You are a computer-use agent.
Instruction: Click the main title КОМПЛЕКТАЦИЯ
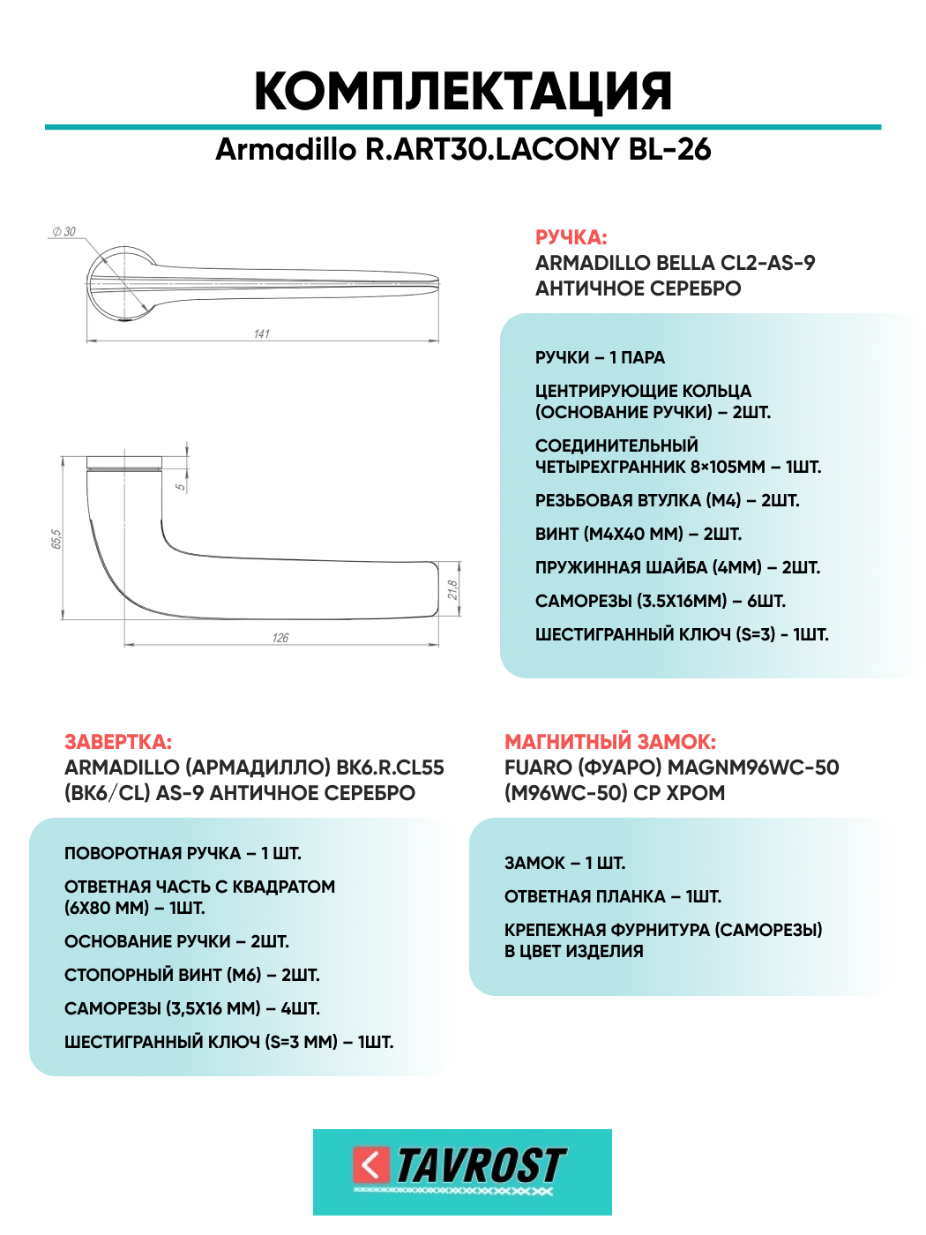(x=463, y=91)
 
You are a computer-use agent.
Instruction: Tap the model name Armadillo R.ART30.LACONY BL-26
(x=463, y=150)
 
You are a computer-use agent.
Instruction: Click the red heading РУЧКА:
(x=571, y=237)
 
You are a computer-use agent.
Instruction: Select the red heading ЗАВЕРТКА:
(x=118, y=742)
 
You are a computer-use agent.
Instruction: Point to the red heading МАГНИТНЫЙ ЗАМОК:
(x=609, y=742)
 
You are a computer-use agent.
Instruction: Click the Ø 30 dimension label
(x=64, y=232)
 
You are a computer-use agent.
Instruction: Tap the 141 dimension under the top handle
(x=262, y=334)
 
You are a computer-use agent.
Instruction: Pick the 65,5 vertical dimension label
(x=56, y=539)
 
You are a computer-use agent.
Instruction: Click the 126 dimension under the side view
(x=280, y=638)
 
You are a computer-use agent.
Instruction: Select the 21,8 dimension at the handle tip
(x=452, y=590)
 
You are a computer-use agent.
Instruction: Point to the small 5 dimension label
(x=181, y=486)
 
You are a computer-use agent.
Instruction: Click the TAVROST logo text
(x=481, y=1166)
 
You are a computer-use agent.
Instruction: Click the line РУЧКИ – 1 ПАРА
(x=600, y=357)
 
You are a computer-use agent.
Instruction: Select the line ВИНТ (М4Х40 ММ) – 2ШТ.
(x=638, y=534)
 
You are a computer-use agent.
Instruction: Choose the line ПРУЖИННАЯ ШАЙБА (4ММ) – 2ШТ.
(x=677, y=567)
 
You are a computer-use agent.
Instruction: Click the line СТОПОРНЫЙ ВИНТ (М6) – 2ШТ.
(x=191, y=975)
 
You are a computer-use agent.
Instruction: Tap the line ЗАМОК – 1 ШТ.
(x=564, y=863)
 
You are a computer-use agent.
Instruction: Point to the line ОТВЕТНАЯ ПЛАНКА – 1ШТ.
(x=612, y=896)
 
